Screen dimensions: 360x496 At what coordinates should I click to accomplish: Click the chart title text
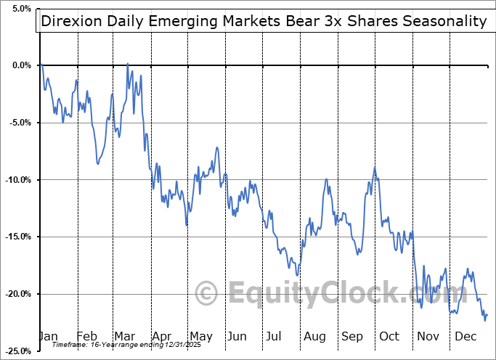point(264,21)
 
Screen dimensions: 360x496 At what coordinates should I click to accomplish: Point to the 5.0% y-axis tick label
point(20,9)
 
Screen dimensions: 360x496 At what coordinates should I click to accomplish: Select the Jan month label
point(47,337)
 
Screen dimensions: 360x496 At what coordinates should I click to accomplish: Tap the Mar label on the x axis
point(123,337)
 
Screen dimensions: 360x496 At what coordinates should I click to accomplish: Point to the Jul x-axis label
point(274,337)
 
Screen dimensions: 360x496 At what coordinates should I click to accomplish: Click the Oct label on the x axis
point(389,337)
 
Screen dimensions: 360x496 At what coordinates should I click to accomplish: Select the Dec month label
point(465,337)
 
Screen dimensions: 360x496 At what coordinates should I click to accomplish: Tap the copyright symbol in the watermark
point(208,294)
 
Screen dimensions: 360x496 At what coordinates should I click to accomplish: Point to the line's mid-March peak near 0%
point(128,64)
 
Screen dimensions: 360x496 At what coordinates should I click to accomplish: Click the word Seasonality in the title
point(443,21)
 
